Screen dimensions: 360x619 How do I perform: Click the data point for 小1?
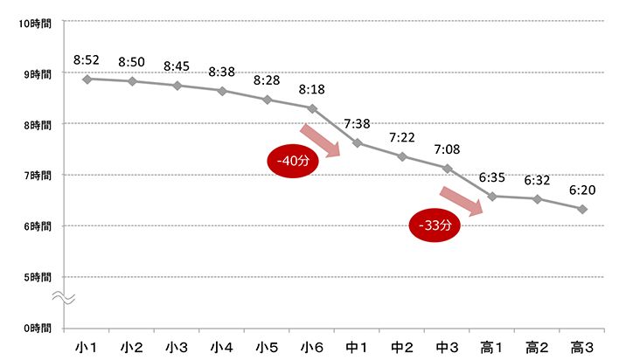click(87, 79)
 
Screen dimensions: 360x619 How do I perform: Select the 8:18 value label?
click(312, 89)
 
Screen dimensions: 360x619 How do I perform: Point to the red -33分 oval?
click(435, 225)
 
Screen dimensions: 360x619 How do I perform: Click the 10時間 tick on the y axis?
click(35, 23)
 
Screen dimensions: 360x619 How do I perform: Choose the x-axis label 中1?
click(358, 347)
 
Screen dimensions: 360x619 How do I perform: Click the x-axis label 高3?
click(582, 347)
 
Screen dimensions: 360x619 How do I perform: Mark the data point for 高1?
click(492, 196)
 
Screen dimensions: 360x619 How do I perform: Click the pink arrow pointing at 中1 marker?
click(320, 142)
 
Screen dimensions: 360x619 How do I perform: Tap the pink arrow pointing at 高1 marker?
click(462, 201)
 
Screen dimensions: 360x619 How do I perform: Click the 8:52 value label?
click(87, 59)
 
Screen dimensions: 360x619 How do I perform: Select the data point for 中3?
click(448, 168)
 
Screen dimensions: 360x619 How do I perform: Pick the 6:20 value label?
click(582, 189)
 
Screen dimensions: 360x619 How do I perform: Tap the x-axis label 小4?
click(222, 347)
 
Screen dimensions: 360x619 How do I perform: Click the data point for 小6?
click(312, 107)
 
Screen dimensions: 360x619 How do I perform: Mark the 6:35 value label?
click(492, 177)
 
